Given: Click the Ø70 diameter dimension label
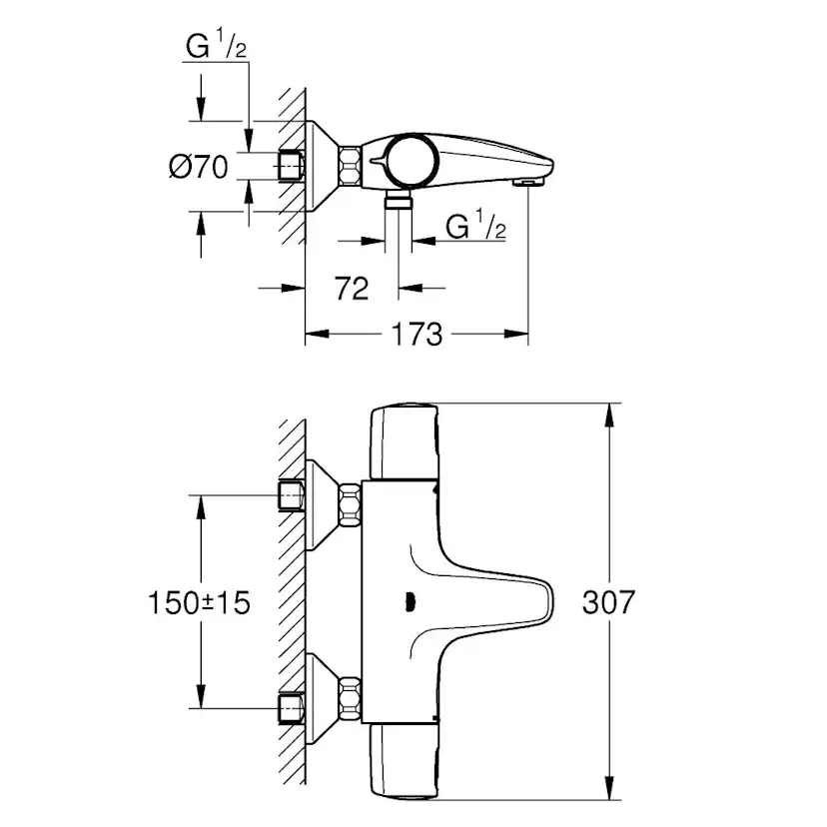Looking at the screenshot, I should tap(200, 167).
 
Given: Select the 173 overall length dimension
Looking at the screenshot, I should tap(416, 334).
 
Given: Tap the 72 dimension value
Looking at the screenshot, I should tap(351, 289).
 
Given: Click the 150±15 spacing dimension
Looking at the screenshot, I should tap(199, 602).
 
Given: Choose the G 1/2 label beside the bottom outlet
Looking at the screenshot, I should tap(476, 227).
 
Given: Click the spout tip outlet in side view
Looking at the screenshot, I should tap(525, 181).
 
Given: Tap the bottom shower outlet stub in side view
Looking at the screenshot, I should tap(399, 202).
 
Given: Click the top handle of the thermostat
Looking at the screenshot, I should tap(404, 440).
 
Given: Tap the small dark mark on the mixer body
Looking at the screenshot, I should tap(407, 600).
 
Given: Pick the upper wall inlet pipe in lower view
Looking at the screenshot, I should tap(291, 493).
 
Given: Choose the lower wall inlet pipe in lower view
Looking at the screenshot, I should tap(291, 706).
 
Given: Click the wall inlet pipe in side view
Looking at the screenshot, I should tap(291, 166).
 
